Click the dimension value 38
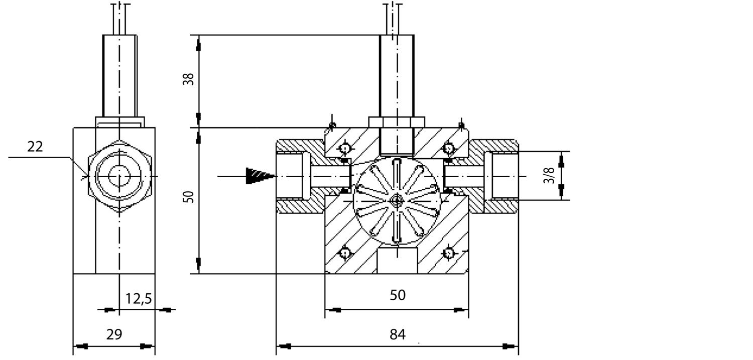(x=188, y=79)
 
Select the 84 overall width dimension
(x=397, y=334)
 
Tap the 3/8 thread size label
(x=550, y=175)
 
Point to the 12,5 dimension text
(x=138, y=299)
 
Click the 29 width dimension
(x=114, y=334)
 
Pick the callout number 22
(x=35, y=147)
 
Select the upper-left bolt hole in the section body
(x=345, y=149)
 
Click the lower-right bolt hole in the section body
(x=449, y=253)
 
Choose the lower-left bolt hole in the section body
(x=345, y=253)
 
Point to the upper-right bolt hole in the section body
(x=449, y=149)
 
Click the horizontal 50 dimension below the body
(x=397, y=295)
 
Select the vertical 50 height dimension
(x=188, y=197)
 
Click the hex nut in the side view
(x=119, y=176)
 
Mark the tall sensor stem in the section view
(x=397, y=75)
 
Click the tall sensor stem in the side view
(x=119, y=75)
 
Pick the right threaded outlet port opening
(x=504, y=176)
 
